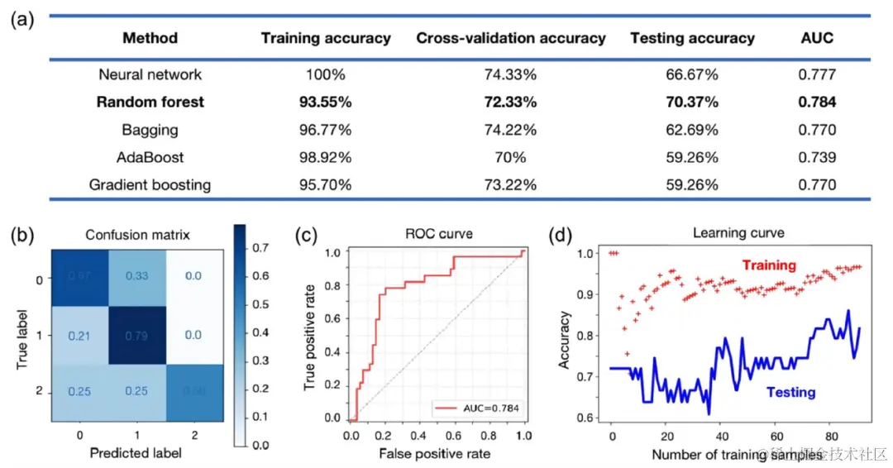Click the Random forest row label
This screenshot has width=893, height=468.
click(x=150, y=103)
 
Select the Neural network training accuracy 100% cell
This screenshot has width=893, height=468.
click(x=326, y=75)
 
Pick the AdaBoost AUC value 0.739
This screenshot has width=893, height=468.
click(x=817, y=157)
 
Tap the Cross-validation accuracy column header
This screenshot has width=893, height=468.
click(x=510, y=38)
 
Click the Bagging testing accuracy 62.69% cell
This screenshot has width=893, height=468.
click(x=691, y=130)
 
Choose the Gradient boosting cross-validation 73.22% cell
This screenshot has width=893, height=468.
click(x=510, y=184)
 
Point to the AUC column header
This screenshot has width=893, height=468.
click(x=817, y=38)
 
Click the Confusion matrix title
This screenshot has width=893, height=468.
click(x=137, y=235)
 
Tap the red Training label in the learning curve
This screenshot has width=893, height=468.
click(x=769, y=265)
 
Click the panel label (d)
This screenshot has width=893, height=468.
click(x=561, y=235)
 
